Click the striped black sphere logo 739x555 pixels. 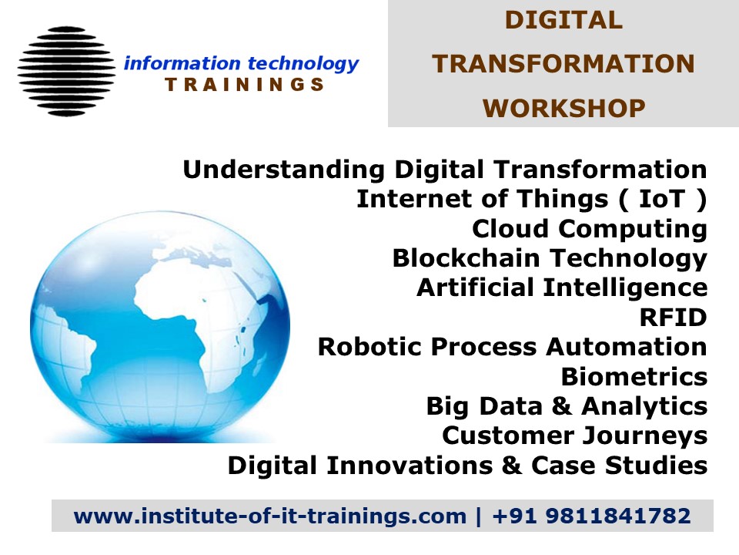point(65,71)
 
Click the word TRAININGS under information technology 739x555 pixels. point(245,85)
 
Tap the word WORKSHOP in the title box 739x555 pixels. point(563,109)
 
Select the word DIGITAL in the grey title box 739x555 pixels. point(563,21)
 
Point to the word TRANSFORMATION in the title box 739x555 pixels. point(563,65)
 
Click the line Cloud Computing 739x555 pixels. point(589,229)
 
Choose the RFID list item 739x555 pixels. point(673,318)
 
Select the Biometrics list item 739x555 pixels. point(634,377)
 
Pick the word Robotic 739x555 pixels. point(369,348)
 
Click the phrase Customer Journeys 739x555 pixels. point(574,436)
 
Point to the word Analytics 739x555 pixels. point(644,406)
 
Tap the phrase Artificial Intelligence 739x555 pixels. point(561,288)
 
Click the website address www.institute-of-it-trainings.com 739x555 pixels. point(270,516)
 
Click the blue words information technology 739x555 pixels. point(241,64)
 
